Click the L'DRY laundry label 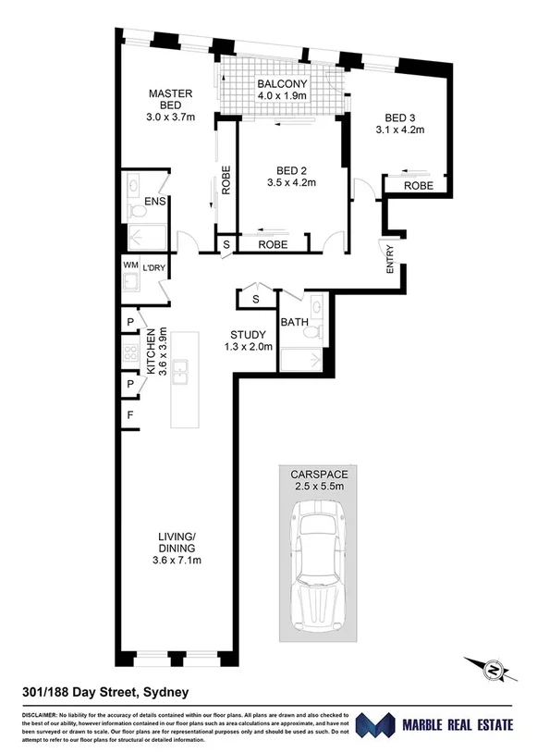coord(153,269)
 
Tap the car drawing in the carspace coord(319,564)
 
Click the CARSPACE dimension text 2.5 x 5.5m coord(319,485)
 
